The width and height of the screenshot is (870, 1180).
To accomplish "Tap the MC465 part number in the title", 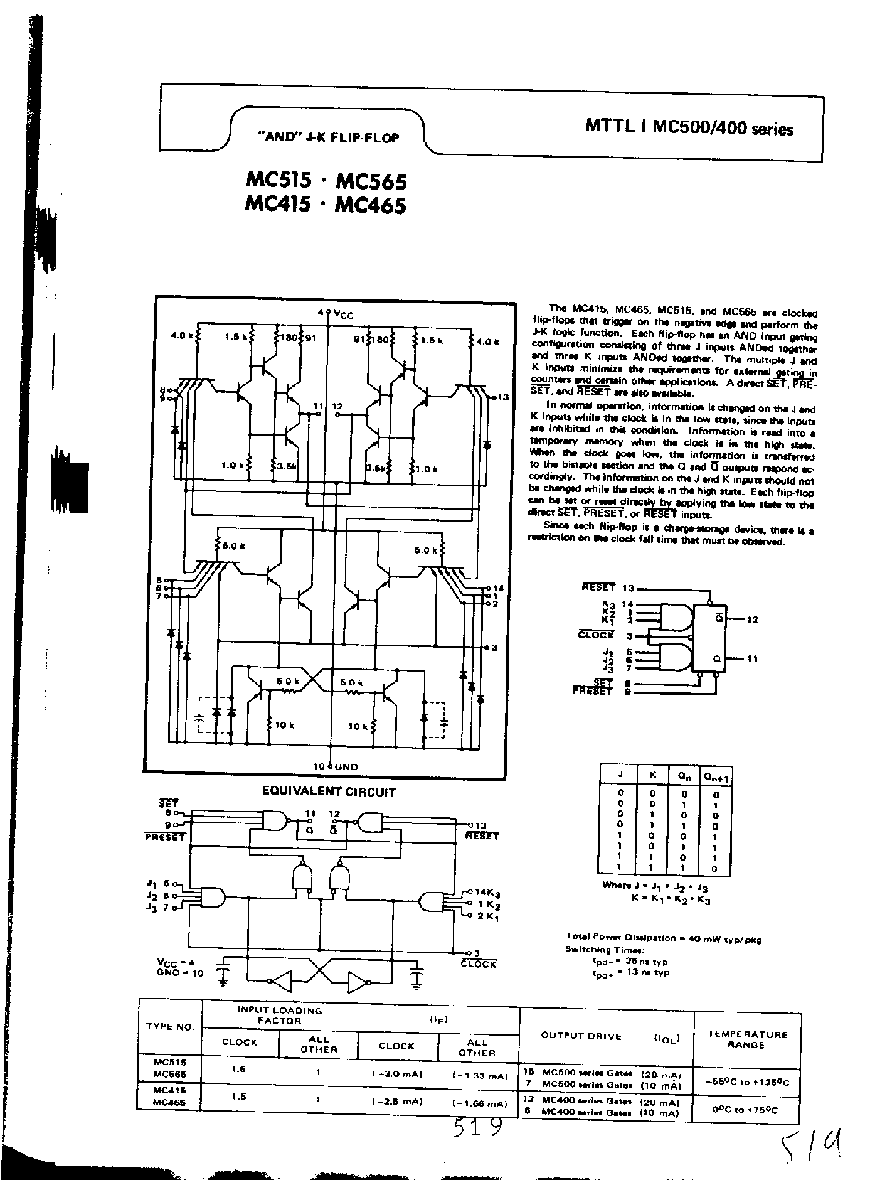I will point(371,205).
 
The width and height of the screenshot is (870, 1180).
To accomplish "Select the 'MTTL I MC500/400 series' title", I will point(689,127).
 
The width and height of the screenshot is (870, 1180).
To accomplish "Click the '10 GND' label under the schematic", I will point(336,766).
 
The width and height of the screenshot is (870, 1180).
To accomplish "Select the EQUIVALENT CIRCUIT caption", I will point(329,792).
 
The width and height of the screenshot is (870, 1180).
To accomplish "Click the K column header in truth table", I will point(653,775).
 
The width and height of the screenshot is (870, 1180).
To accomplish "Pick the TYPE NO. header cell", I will point(170,1027).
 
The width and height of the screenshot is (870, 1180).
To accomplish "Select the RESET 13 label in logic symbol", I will point(608,587).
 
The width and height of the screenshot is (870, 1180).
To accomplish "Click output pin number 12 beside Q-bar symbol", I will point(752,619).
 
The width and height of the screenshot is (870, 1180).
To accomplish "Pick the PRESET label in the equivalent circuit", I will point(165,837).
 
